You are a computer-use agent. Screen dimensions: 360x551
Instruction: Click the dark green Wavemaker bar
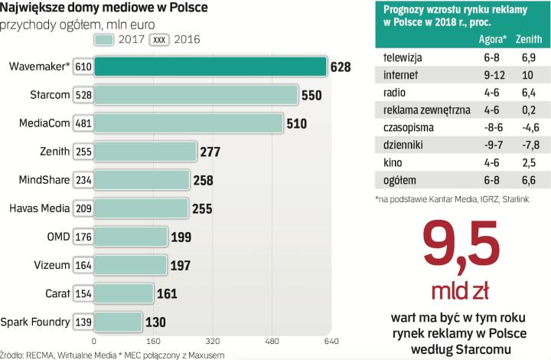(x=210, y=67)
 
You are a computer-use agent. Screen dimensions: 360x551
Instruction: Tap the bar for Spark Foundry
(x=118, y=322)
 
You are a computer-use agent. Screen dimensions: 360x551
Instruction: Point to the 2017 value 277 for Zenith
(x=210, y=152)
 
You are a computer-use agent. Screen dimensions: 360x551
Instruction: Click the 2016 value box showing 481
(x=83, y=123)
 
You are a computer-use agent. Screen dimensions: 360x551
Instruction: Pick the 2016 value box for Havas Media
(x=83, y=208)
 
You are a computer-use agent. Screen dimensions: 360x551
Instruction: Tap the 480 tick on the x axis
(x=272, y=342)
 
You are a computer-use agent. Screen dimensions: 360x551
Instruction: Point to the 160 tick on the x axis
(x=153, y=342)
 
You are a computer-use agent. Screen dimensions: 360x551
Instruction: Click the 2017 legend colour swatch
(x=105, y=39)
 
